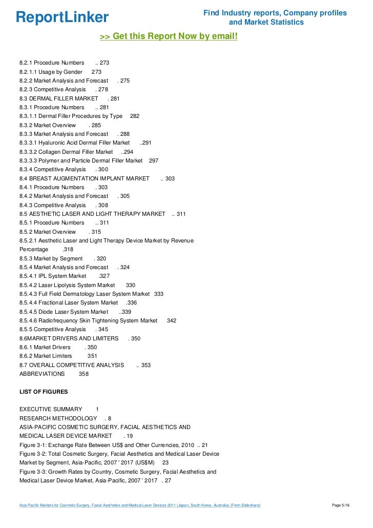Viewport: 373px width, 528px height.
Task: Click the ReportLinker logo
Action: [62, 17]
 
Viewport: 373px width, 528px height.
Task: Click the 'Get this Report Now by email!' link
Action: [169, 36]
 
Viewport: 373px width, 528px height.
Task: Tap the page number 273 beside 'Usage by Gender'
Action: [96, 72]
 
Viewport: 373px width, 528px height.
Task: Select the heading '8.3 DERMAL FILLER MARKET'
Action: [58, 98]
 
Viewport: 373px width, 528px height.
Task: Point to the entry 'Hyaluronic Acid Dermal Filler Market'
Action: [74, 143]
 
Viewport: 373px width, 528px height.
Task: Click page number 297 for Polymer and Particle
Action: [154, 160]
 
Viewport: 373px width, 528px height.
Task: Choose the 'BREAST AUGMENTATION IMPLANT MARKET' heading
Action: [84, 178]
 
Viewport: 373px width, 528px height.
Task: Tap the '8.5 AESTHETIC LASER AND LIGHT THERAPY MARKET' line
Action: [92, 214]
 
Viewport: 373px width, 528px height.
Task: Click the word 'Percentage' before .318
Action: [34, 250]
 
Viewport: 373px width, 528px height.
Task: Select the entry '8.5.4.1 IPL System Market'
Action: [53, 276]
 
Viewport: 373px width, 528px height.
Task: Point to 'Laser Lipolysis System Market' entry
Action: [67, 285]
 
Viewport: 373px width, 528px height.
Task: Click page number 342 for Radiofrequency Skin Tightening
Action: [172, 320]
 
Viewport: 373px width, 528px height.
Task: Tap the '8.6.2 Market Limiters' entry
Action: [46, 356]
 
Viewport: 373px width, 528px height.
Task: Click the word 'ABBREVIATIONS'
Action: [42, 374]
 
